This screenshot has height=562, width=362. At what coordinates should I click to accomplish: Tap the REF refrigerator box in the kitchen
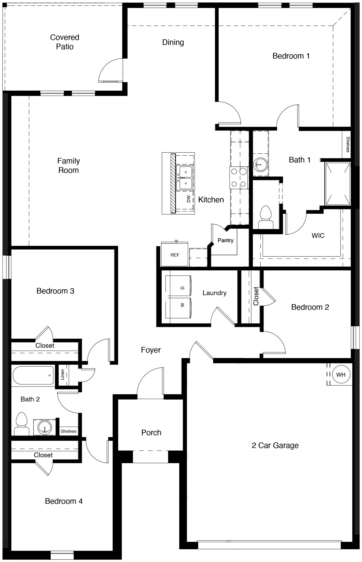coord(175,255)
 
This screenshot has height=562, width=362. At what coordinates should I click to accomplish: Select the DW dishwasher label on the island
coord(188,199)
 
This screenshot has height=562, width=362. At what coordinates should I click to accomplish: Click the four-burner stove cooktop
coord(239,178)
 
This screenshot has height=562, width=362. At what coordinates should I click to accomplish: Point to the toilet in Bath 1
coord(266,217)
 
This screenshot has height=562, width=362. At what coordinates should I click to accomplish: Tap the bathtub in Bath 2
coord(33,375)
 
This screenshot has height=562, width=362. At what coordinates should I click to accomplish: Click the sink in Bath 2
coord(45,427)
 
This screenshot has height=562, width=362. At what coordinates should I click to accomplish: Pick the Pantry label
coord(225,240)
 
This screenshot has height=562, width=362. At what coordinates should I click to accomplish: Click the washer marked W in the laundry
coord(178,308)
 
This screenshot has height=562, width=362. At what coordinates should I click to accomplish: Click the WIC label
coord(318,236)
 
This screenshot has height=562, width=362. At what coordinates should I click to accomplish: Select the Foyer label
coord(151,350)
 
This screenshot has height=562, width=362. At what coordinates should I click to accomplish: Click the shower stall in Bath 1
coord(338,184)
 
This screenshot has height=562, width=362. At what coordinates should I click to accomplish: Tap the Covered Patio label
coord(64,42)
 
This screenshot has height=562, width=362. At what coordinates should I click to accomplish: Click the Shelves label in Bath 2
coord(68,431)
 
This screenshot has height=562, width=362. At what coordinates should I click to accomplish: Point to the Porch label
coord(151,433)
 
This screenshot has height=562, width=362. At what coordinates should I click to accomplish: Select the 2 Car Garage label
coord(275,445)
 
